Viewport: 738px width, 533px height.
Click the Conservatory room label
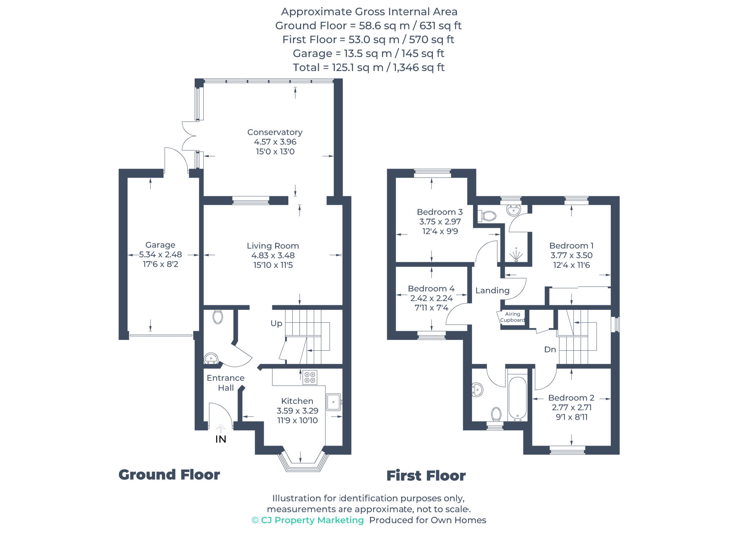[x=275, y=132]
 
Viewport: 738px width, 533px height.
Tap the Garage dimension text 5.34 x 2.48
[x=160, y=254]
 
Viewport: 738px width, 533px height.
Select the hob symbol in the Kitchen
[x=310, y=377]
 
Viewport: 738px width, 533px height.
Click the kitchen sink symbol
[x=334, y=402]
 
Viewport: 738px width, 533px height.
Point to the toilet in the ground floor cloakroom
[x=218, y=317]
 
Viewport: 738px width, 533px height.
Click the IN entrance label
[x=221, y=439]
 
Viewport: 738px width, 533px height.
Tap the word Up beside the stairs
[x=276, y=323]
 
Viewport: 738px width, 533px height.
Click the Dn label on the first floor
[x=550, y=350]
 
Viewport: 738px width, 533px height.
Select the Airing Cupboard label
[x=512, y=317]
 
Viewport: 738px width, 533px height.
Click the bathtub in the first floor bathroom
[x=517, y=398]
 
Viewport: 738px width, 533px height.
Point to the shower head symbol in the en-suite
[x=516, y=256]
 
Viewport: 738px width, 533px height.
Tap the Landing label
[x=492, y=290]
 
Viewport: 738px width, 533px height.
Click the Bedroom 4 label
[x=431, y=289]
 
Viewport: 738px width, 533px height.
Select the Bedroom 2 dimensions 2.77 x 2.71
[x=572, y=408]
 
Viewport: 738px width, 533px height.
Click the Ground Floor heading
[x=169, y=475]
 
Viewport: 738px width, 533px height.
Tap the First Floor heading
[x=426, y=476]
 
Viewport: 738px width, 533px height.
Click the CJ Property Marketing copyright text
[x=308, y=520]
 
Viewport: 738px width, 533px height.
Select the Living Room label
[x=273, y=246]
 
